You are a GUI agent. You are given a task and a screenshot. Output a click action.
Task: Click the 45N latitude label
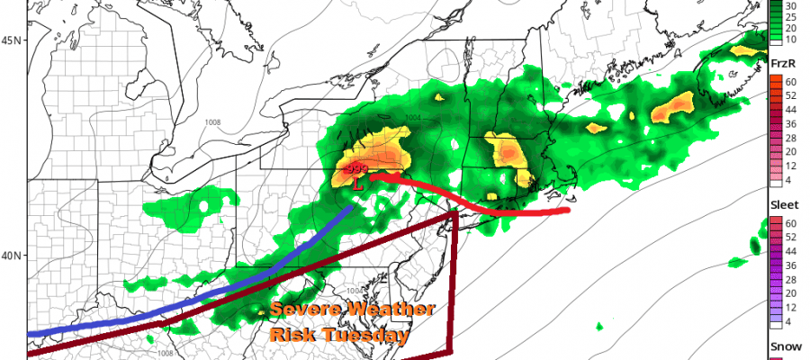13,40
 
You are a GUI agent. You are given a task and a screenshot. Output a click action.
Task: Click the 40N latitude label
13,256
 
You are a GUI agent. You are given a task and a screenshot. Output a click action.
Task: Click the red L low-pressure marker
358,184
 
